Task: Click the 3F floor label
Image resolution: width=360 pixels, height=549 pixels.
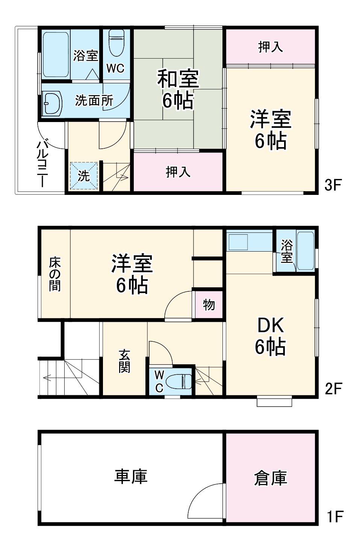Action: pyautogui.click(x=333, y=185)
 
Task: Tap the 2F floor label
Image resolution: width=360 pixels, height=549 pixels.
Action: pyautogui.click(x=333, y=389)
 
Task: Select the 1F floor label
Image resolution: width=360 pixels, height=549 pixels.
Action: pyautogui.click(x=334, y=517)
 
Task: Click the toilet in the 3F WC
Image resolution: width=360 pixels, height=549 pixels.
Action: pyautogui.click(x=116, y=42)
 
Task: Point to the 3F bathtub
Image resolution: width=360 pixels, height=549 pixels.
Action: pyautogui.click(x=56, y=54)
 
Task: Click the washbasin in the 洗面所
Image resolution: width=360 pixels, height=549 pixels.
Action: pyautogui.click(x=53, y=103)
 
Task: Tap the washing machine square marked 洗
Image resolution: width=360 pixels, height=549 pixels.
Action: pyautogui.click(x=84, y=175)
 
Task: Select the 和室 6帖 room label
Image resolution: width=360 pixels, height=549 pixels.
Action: pyautogui.click(x=178, y=89)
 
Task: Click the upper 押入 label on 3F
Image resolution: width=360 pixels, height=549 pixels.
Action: pyautogui.click(x=270, y=47)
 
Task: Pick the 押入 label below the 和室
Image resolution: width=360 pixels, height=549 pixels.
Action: pyautogui.click(x=178, y=172)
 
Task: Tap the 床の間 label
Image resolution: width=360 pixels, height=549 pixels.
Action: pyautogui.click(x=55, y=274)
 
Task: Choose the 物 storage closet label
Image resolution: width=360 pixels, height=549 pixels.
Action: pyautogui.click(x=209, y=305)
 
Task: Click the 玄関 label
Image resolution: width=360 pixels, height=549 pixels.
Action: pyautogui.click(x=124, y=361)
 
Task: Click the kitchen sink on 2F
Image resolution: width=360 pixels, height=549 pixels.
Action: pyautogui.click(x=238, y=242)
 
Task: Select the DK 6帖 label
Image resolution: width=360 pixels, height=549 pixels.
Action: pyautogui.click(x=271, y=336)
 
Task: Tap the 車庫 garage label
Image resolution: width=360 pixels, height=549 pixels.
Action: pyautogui.click(x=131, y=477)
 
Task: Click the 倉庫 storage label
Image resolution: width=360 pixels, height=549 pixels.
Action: pyautogui.click(x=271, y=478)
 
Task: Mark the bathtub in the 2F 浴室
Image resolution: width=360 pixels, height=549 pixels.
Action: pyautogui.click(x=305, y=251)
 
